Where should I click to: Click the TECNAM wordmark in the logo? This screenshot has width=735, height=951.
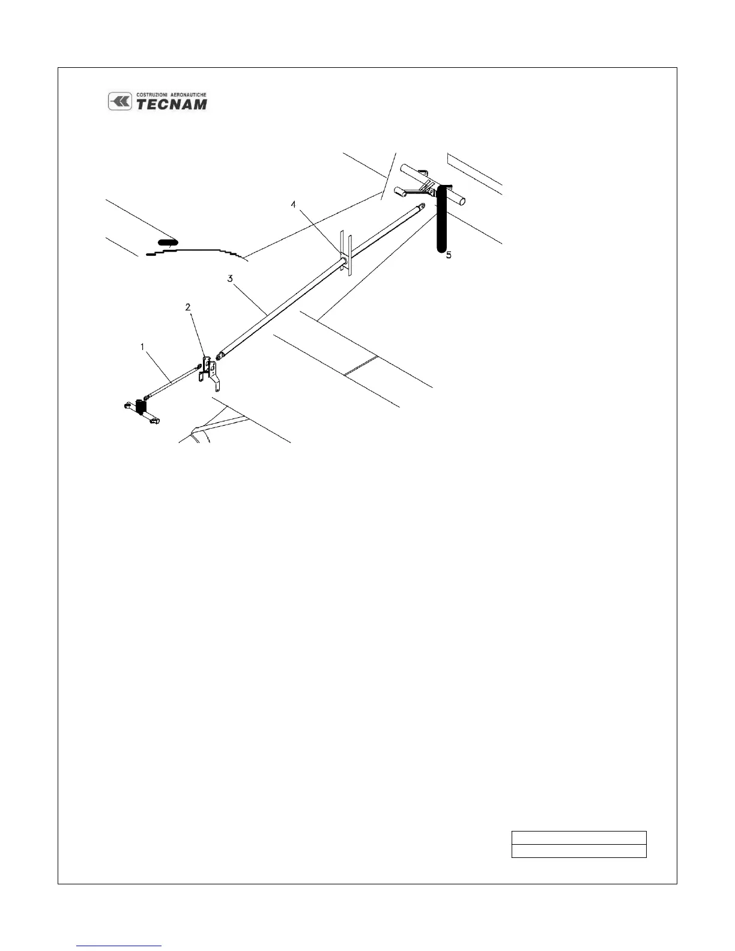(x=172, y=104)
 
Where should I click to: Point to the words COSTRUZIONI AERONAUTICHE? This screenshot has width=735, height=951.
(x=172, y=95)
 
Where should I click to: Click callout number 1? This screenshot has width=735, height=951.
(x=142, y=347)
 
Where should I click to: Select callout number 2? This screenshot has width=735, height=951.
(x=188, y=307)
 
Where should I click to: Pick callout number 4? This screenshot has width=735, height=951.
(x=294, y=205)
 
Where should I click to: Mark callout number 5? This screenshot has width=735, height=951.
(x=448, y=255)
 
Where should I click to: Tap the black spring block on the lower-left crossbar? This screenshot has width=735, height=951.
(x=142, y=407)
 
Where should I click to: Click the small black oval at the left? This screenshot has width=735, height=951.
(x=168, y=243)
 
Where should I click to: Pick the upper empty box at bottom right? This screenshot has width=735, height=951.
(x=578, y=838)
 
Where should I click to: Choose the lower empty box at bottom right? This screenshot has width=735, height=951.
(x=578, y=851)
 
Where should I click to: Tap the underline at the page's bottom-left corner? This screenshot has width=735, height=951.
(x=119, y=946)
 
